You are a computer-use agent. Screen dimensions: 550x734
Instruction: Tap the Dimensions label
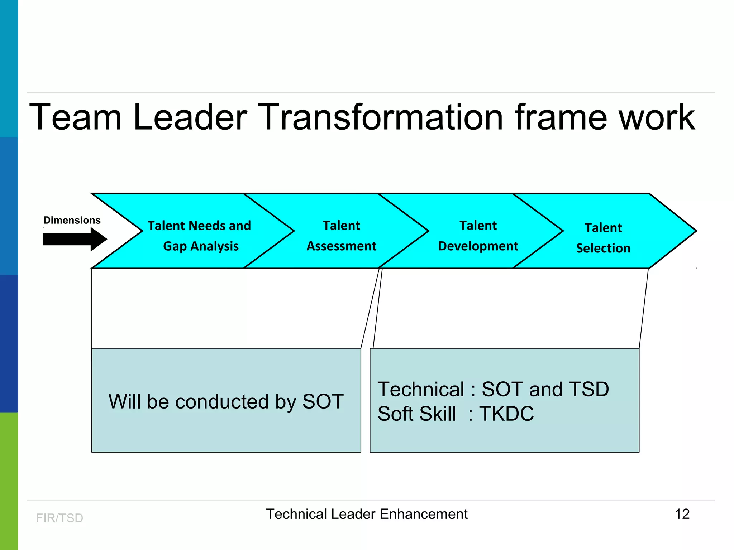point(72,220)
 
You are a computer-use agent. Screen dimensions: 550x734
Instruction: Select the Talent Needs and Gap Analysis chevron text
point(200,236)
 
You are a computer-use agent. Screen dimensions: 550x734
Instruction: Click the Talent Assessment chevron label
point(341,236)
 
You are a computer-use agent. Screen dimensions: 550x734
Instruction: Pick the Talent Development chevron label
point(478,236)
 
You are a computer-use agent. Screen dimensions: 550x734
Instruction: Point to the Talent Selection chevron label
point(603,238)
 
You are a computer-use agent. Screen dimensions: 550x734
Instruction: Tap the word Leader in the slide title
point(190,117)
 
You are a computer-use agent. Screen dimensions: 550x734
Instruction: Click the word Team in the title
point(76,117)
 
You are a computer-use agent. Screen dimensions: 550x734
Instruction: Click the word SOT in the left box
point(323,401)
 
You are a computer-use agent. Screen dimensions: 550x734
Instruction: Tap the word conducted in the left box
point(222,401)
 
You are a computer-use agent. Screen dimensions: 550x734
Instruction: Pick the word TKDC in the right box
point(506,414)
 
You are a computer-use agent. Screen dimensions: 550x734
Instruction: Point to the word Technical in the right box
point(421,389)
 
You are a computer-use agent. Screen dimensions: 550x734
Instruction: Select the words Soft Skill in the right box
point(417,414)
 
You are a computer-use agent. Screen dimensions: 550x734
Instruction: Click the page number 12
point(682,514)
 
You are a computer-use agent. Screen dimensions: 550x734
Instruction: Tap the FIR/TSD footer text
point(59,518)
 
